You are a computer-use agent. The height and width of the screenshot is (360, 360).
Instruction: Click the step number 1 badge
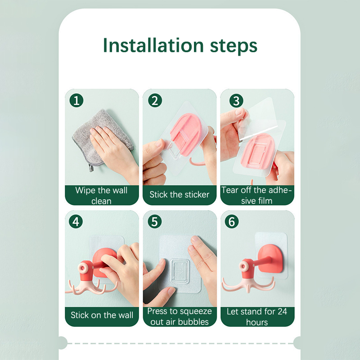click(x=76, y=100)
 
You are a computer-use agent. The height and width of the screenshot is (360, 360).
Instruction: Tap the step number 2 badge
click(x=155, y=100)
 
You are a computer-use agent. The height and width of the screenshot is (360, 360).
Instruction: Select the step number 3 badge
click(x=236, y=100)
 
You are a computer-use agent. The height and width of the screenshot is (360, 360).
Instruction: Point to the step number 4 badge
click(x=76, y=221)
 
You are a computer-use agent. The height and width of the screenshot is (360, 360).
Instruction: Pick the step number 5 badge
click(x=155, y=221)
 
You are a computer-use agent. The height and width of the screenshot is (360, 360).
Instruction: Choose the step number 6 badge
click(x=232, y=221)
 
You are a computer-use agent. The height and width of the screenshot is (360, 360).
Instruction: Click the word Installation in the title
click(x=153, y=45)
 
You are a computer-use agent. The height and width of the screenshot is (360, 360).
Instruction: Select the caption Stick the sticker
click(x=179, y=195)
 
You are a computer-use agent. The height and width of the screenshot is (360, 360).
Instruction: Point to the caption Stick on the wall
click(x=102, y=315)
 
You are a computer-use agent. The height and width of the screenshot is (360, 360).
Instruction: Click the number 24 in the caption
click(x=282, y=311)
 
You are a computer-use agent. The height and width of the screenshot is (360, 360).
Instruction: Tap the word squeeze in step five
click(x=196, y=312)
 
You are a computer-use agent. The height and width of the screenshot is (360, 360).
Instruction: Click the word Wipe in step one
click(x=85, y=190)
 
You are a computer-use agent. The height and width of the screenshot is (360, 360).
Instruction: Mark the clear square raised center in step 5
click(x=180, y=271)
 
